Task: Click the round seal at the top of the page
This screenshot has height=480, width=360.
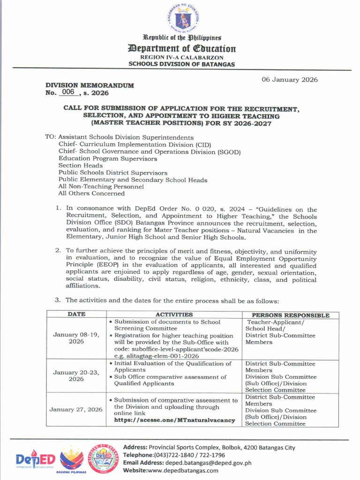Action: [182, 19]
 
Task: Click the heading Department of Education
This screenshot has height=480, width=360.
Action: [182, 49]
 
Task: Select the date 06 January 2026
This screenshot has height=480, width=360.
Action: [289, 80]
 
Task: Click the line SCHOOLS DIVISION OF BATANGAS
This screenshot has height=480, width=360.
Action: [182, 64]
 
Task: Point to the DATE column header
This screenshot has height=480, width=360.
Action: [76, 315]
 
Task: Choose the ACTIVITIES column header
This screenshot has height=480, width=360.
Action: [174, 315]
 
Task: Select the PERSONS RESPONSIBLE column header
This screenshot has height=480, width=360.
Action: [291, 315]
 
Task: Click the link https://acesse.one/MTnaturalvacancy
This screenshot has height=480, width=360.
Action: [174, 420]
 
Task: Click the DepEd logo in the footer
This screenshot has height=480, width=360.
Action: [36, 458]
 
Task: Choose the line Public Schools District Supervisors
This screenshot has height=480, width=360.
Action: [112, 173]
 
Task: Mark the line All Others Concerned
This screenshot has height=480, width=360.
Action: [91, 193]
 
